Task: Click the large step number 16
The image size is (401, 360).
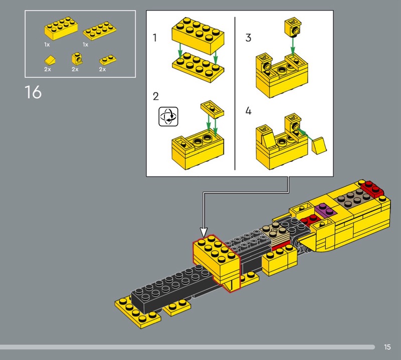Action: coord(33,92)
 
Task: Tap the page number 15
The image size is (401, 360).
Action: coord(387,347)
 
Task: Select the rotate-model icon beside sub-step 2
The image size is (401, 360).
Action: coord(168,117)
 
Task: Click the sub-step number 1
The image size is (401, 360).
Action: coord(155,38)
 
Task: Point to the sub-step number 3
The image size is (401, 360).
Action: coord(248,38)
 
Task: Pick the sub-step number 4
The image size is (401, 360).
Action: coord(248,111)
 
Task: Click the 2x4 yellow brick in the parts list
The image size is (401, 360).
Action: coord(61,28)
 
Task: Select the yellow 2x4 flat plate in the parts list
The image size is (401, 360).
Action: coord(99,31)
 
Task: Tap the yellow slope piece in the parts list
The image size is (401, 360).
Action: coord(50,60)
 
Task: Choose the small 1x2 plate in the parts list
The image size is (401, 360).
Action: coord(107,60)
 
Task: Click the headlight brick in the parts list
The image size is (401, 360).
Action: coord(77,59)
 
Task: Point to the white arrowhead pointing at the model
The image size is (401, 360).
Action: coord(204,232)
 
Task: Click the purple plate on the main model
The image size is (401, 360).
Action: coord(325,210)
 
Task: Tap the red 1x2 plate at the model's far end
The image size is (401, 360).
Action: coord(372,189)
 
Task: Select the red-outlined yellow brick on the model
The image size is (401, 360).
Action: coord(217,262)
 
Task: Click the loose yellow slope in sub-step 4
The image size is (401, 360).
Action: coord(319,145)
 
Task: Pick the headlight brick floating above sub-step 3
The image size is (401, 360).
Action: coord(293,27)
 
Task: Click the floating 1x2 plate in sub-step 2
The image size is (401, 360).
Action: coord(212,109)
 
